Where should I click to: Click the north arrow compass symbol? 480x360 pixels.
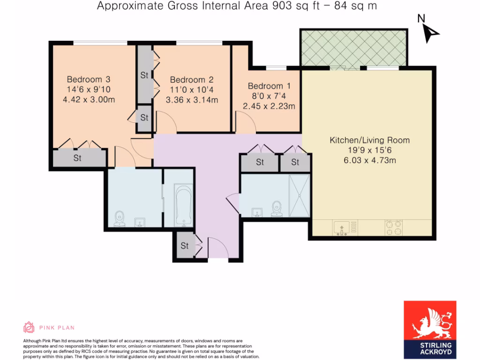click(x=429, y=31)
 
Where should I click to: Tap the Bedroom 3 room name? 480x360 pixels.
click(x=88, y=79)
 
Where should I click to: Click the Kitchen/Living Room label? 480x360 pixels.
click(x=369, y=140)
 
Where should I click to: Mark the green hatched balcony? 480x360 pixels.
click(x=353, y=48)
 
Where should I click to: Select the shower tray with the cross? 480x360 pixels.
click(x=299, y=195)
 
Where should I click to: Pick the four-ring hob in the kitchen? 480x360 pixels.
click(x=394, y=228)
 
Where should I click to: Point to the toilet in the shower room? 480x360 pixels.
click(x=277, y=209)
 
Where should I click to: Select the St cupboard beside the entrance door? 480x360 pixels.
click(x=185, y=246)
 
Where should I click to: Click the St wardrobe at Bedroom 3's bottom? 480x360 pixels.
click(x=78, y=158)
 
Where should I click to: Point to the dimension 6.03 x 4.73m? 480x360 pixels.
click(x=369, y=161)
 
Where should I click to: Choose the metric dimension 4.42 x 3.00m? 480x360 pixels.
click(x=88, y=99)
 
